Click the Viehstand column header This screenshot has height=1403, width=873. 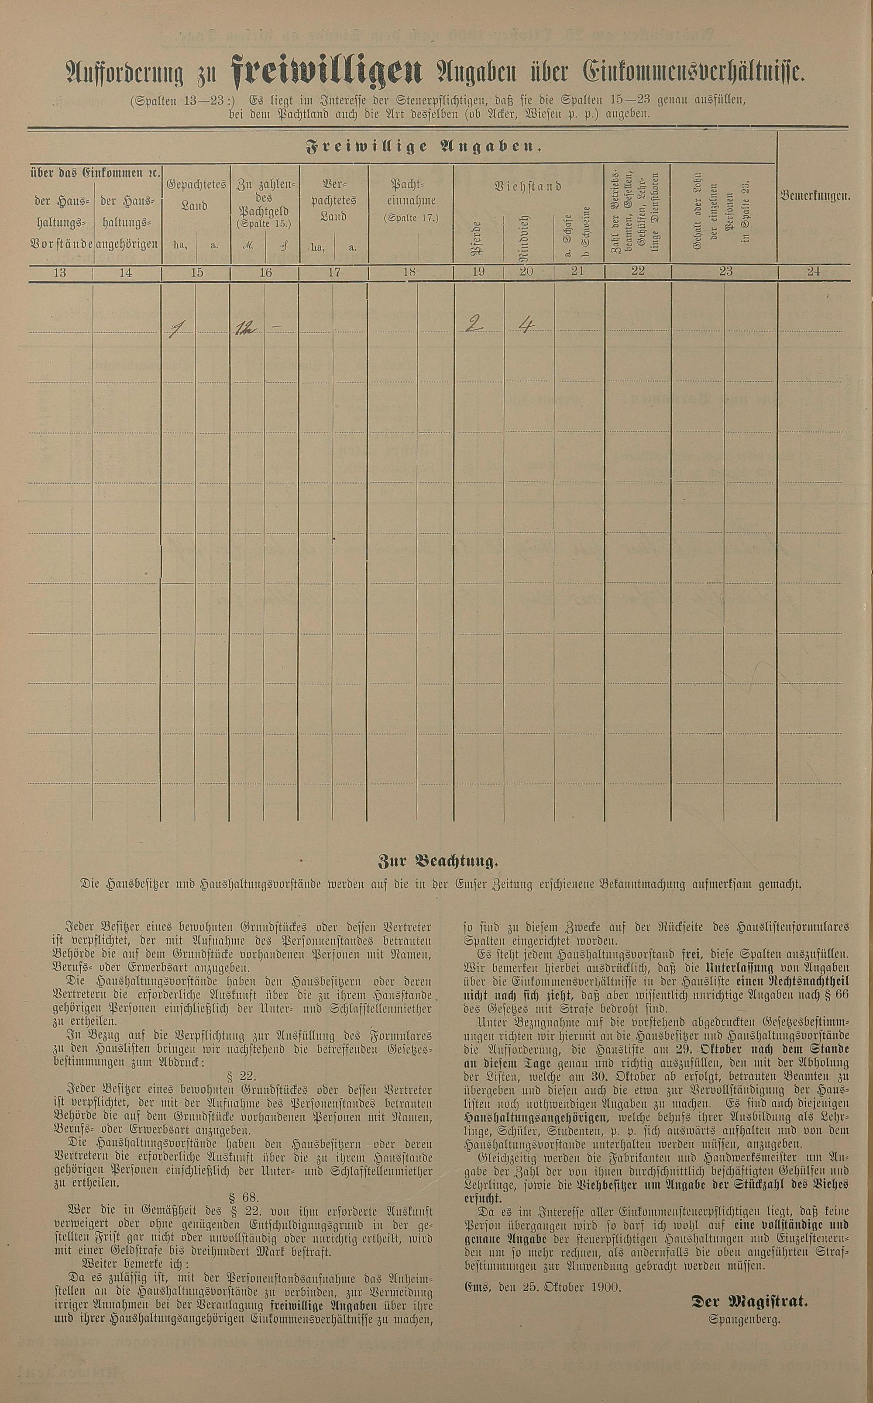pyautogui.click(x=528, y=187)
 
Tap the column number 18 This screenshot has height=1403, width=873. pyautogui.click(x=410, y=273)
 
